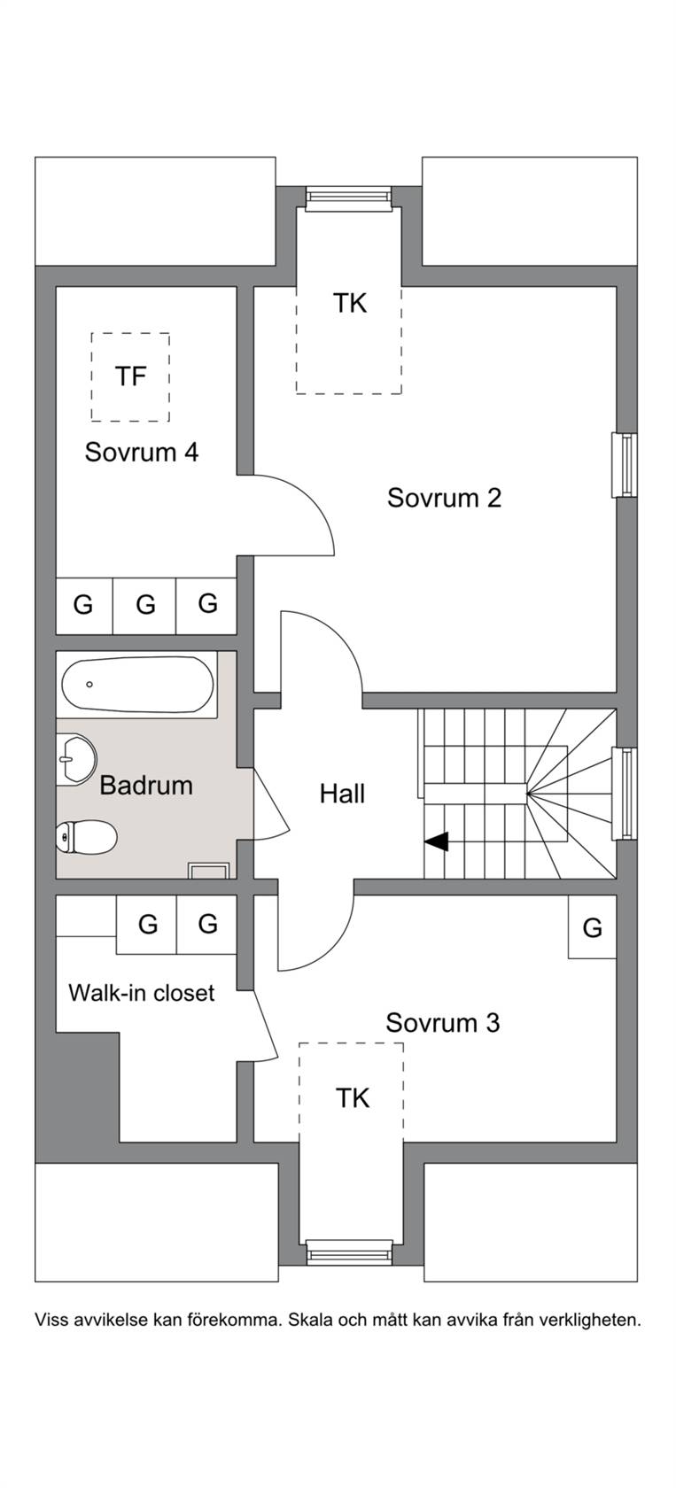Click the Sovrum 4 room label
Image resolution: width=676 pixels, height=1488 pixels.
142,453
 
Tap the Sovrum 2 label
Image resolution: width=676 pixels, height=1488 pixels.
444,498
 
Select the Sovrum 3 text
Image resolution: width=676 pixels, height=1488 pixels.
443,1023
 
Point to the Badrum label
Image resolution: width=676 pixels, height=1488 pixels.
146,785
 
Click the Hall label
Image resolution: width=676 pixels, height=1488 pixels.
342,794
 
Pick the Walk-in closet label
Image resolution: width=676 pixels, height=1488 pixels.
142,993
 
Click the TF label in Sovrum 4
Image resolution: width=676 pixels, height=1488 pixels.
130,376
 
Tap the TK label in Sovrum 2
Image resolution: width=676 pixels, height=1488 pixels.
350,304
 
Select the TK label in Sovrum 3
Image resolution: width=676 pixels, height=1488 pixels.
353,1098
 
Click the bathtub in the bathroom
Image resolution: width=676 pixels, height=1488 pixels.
138,685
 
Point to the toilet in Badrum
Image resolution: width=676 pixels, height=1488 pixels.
87,838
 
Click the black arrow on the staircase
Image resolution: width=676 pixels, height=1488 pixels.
437,841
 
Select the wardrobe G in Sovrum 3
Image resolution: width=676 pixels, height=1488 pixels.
592,927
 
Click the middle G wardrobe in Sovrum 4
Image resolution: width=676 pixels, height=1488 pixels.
145,605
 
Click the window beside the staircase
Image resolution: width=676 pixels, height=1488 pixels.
624,793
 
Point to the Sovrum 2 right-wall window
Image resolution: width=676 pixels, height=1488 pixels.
624,465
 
